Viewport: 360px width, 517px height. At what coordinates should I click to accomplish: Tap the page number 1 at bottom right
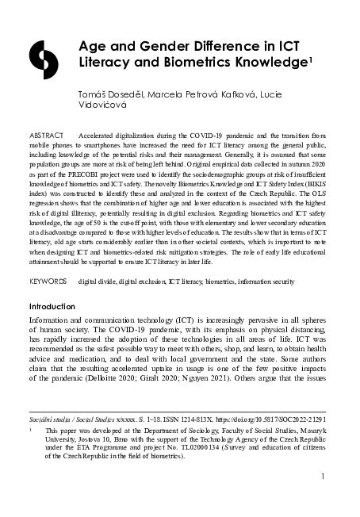(x=325, y=477)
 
